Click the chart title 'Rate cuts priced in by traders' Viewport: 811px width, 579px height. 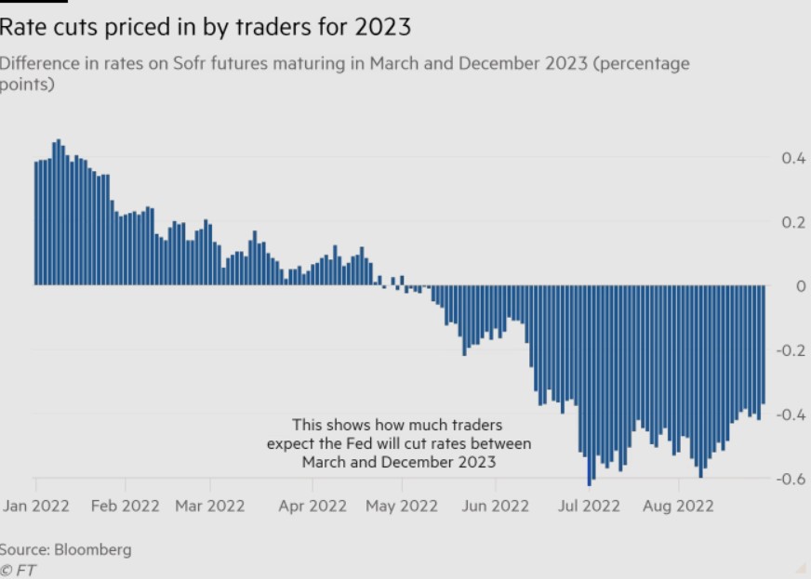pos(205,27)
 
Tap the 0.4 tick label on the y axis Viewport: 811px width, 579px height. pos(792,158)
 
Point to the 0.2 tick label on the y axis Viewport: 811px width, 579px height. pos(792,222)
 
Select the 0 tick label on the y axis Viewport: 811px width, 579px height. pos(800,286)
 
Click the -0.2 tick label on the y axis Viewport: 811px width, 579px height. pos(791,350)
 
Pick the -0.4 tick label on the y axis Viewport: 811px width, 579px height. pos(791,415)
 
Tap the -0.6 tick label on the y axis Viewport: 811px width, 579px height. pos(791,479)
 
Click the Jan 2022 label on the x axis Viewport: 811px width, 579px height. pos(37,506)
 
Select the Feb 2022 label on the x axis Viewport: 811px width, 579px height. pos(125,506)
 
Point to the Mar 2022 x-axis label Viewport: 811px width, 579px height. pos(210,506)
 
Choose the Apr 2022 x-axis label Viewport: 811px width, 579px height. pos(312,506)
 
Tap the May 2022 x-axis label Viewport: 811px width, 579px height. pos(403,506)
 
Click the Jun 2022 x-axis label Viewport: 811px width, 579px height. pos(496,506)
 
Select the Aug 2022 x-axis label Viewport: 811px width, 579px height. pos(679,506)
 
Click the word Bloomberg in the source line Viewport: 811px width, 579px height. pos(93,549)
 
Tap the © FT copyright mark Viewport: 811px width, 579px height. pos(18,570)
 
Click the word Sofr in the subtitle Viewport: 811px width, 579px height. pos(193,63)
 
